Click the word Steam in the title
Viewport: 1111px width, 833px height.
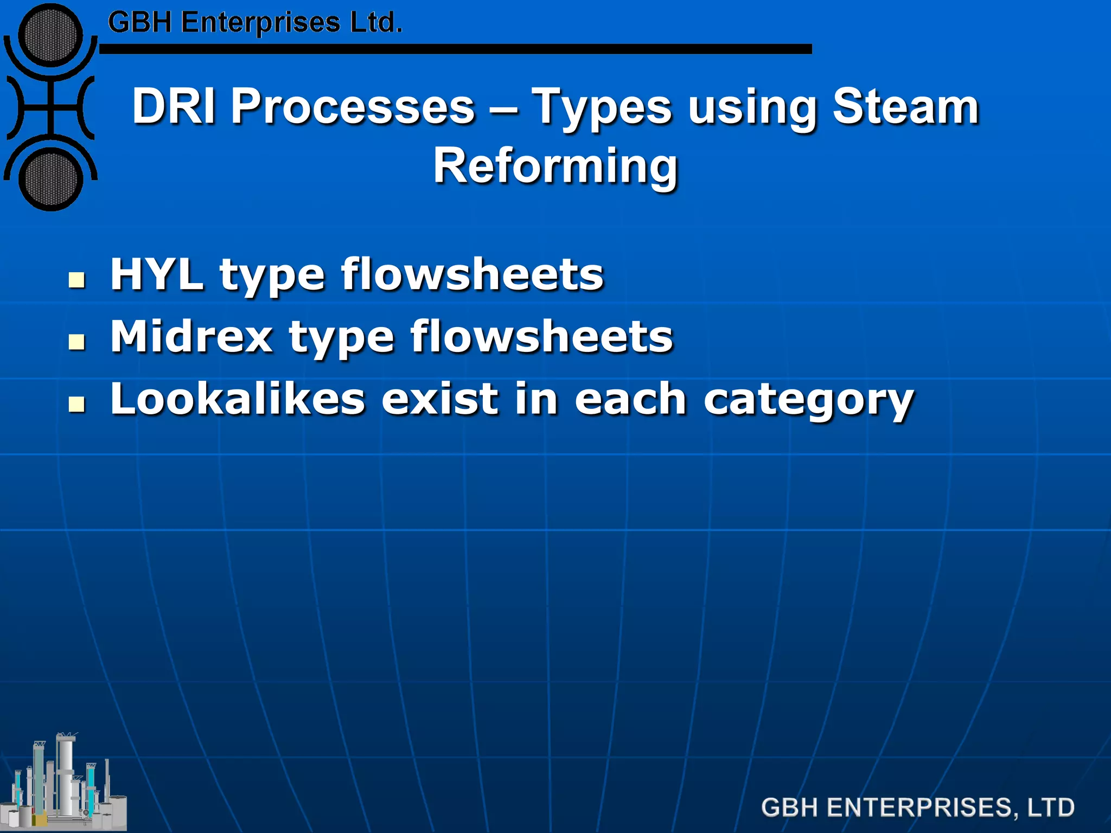[905, 106]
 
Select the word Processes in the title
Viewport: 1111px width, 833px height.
[353, 106]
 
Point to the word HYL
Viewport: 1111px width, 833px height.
[156, 274]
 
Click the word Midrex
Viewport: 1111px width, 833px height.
[191, 337]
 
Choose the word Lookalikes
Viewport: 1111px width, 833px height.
[238, 399]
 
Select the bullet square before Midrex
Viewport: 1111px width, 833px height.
[77, 342]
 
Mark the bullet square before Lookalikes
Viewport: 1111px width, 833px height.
[77, 405]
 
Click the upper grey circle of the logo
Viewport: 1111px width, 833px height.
[50, 35]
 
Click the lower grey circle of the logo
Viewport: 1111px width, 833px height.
[50, 179]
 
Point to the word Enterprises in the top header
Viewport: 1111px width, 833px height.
[260, 23]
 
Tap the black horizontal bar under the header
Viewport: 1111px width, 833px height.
[456, 49]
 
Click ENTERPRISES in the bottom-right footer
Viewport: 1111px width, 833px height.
[920, 808]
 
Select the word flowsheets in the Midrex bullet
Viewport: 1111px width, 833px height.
[541, 337]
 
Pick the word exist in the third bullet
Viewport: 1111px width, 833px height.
[439, 399]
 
